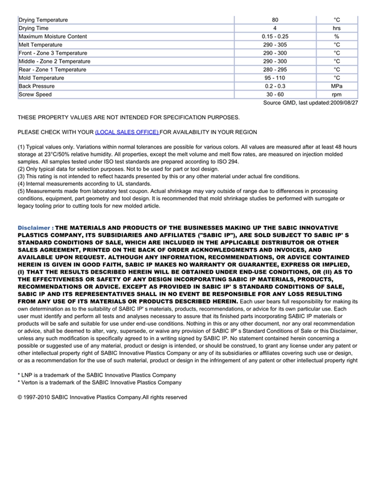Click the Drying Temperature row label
pos(43,20)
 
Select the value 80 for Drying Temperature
pos(275,20)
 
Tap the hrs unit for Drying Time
pos(337,28)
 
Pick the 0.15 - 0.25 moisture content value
pos(275,36)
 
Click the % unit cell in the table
pos(337,36)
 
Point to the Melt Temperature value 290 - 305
pos(275,45)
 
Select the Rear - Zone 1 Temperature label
pos(52,70)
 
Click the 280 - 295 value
pos(275,70)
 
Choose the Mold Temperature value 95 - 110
pos(275,78)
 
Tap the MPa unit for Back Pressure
pos(337,86)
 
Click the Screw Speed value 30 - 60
pos(275,94)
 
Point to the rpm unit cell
pos(337,94)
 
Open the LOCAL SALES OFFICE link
pos(127,132)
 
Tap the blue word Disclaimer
pos(35,227)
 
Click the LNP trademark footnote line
pos(97,374)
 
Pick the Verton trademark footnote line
pos(99,382)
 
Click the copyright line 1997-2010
pos(102,397)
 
